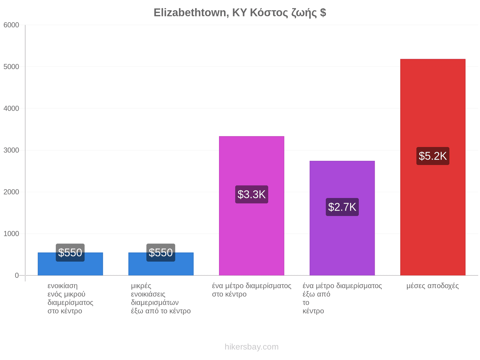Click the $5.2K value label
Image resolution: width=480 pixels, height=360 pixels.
[x=433, y=156]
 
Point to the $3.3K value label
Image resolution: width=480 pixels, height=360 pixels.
[x=251, y=194]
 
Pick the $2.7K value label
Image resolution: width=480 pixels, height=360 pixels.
[x=342, y=207]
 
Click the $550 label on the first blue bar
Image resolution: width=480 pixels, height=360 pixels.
[x=70, y=253]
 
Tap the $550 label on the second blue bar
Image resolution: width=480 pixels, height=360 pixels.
[x=161, y=253]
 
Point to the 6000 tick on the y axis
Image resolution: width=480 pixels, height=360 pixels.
[x=11, y=25]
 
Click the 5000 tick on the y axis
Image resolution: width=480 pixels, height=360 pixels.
[x=11, y=67]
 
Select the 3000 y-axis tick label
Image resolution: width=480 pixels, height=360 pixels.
[x=11, y=150]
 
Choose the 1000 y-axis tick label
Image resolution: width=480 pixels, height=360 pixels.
[x=11, y=234]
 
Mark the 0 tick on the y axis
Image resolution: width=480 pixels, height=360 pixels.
[x=17, y=275]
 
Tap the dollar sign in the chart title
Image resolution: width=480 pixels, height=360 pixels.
[x=323, y=13]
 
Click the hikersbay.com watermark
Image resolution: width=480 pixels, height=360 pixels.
[x=251, y=347]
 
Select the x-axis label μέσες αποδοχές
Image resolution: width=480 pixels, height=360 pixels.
[x=433, y=286]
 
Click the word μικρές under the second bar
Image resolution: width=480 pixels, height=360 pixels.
[x=141, y=286]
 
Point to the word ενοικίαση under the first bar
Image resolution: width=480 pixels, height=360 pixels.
[x=62, y=286]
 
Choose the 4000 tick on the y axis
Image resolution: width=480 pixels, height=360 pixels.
[x=11, y=108]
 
